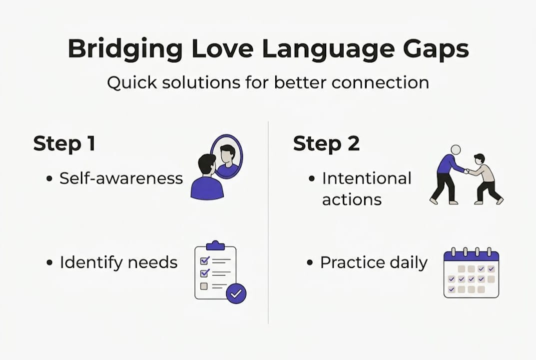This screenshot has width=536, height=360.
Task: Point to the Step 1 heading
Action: [x=64, y=143]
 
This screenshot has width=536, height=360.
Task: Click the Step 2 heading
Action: [x=326, y=143]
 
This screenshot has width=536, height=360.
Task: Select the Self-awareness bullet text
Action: [x=121, y=178]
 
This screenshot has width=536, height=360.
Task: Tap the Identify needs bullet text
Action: [x=118, y=262]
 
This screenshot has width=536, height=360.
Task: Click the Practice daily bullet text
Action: [x=374, y=262]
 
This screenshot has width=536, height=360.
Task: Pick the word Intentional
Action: [x=367, y=178]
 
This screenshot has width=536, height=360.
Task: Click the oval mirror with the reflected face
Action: [x=226, y=156]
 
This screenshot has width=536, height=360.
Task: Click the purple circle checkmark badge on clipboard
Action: [x=236, y=294]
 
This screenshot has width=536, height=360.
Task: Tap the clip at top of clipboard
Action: [x=215, y=245]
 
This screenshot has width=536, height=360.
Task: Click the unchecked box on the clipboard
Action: [x=203, y=286]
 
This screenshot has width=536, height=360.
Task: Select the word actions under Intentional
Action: [x=352, y=199]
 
